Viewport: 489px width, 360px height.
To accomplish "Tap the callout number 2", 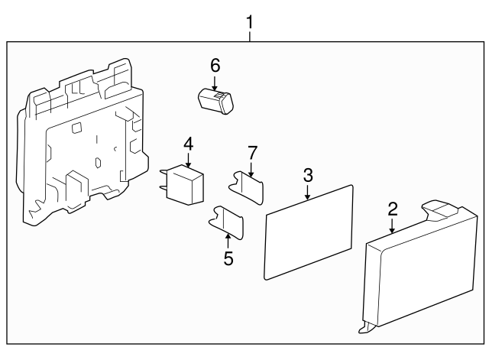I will coord(392,208).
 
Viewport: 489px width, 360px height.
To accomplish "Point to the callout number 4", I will coord(188,143).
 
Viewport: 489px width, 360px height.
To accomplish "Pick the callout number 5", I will coord(228,258).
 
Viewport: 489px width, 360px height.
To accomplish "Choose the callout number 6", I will coord(215,65).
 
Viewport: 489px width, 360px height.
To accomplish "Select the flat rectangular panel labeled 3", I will coord(308,229).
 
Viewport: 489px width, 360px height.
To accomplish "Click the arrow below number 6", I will coord(215,83).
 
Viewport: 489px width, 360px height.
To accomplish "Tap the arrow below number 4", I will coord(188,158).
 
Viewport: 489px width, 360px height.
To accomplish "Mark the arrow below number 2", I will coord(392,225).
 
